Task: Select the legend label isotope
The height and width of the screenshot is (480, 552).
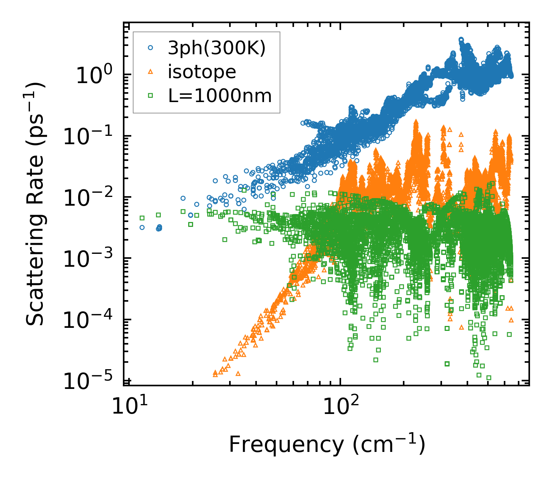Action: (202, 72)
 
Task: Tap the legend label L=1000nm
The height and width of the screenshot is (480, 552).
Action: (220, 96)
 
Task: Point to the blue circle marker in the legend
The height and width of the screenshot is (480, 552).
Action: (150, 48)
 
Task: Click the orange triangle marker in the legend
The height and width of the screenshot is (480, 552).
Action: (150, 72)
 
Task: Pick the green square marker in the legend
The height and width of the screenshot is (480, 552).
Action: (150, 96)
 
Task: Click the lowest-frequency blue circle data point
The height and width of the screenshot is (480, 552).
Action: (142, 228)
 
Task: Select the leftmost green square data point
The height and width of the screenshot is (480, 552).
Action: (142, 218)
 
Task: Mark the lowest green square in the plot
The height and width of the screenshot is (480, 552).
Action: (489, 378)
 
